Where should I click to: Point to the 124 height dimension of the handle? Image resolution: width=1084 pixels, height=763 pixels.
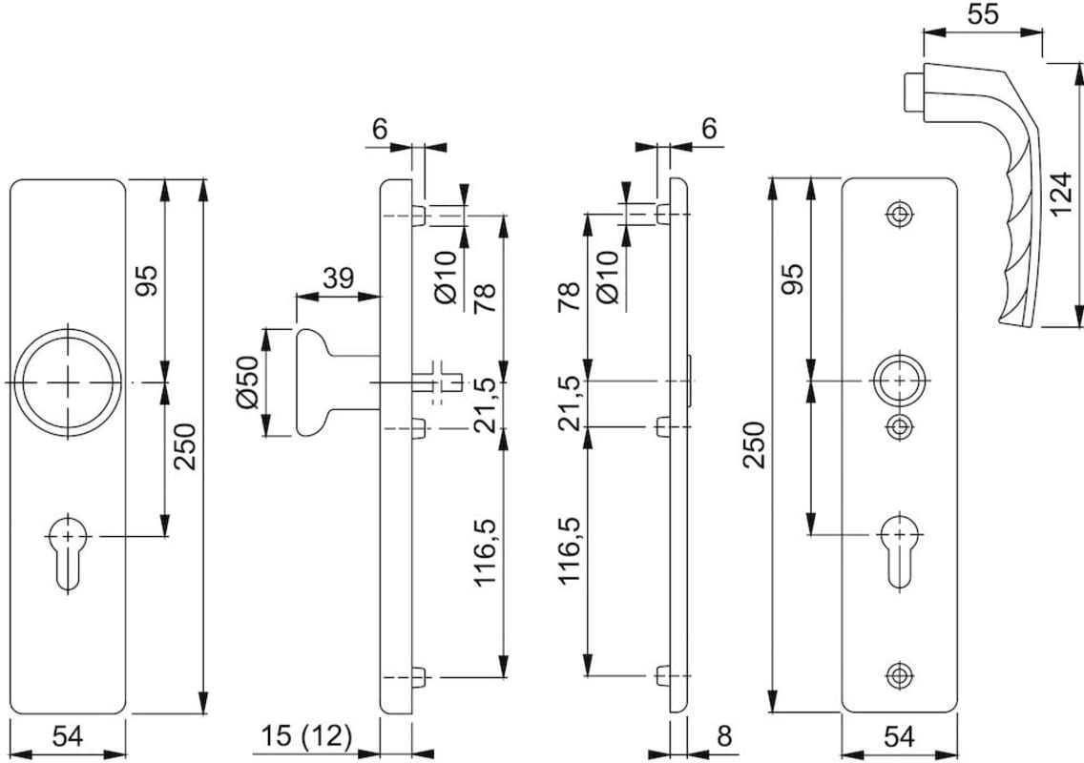[1060, 194]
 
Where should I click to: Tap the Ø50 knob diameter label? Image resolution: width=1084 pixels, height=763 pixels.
[247, 382]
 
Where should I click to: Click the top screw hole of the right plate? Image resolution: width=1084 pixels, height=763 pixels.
[898, 215]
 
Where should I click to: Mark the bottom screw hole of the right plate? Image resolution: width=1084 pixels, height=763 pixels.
[898, 674]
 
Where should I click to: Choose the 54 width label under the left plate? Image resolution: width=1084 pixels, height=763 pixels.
[68, 736]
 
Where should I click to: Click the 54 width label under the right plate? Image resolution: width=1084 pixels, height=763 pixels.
[898, 736]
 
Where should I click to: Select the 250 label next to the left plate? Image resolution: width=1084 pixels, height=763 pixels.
[188, 446]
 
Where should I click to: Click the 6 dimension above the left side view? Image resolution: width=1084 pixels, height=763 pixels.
[380, 128]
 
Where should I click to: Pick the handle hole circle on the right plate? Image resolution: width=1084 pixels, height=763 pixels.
[898, 381]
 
